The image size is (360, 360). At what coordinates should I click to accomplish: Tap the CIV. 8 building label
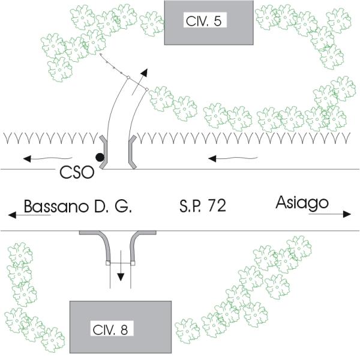click(x=113, y=329)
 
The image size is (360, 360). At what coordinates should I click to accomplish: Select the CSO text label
click(x=79, y=173)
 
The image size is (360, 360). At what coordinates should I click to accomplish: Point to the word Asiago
click(x=302, y=203)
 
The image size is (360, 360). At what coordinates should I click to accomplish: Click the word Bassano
click(x=55, y=207)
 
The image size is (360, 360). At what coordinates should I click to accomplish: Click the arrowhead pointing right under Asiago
click(x=347, y=214)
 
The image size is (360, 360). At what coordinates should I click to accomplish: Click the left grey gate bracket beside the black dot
click(x=104, y=152)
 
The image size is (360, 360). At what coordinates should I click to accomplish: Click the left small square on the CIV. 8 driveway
click(x=107, y=262)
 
